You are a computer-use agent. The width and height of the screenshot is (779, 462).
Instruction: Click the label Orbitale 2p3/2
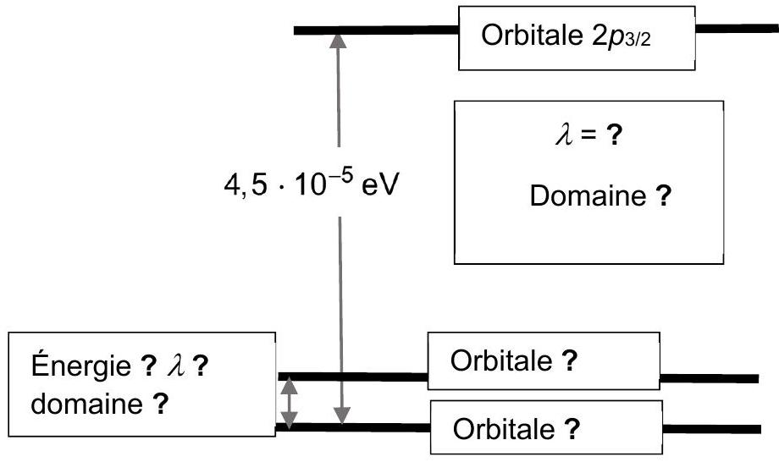[x=566, y=36]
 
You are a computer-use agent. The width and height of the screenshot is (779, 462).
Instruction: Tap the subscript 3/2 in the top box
[x=638, y=39]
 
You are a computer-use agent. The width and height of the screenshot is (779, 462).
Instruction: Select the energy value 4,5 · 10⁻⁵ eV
[x=312, y=183]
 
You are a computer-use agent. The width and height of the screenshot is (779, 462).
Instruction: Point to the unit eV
[x=380, y=185]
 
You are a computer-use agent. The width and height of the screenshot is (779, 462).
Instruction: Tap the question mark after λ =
[x=614, y=135]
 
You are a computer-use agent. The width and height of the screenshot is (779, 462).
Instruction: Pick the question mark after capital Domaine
[x=663, y=195]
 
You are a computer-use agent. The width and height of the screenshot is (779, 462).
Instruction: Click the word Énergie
[x=81, y=366]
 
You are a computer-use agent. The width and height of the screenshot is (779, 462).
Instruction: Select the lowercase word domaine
[x=87, y=404]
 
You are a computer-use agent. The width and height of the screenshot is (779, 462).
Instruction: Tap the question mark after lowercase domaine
[x=161, y=404]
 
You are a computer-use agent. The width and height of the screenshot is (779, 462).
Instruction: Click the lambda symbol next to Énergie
[x=176, y=366]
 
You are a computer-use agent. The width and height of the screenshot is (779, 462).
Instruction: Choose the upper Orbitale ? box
[x=544, y=360]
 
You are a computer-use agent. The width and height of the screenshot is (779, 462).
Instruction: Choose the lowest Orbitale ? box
[x=546, y=427]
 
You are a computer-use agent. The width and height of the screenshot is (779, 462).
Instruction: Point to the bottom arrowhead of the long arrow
[x=342, y=415]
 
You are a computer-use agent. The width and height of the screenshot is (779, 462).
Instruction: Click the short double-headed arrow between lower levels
[x=289, y=402]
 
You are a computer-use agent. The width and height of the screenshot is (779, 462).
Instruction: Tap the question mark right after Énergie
[x=148, y=366]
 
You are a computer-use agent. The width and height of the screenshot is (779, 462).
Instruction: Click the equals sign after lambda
[x=589, y=135]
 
